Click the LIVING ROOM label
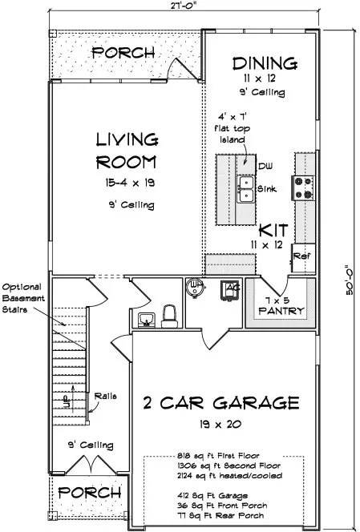125,151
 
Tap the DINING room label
264,62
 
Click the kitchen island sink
245,188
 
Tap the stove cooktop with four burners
304,187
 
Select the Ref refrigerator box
301,256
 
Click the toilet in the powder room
169,316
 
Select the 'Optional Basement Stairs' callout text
25,297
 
